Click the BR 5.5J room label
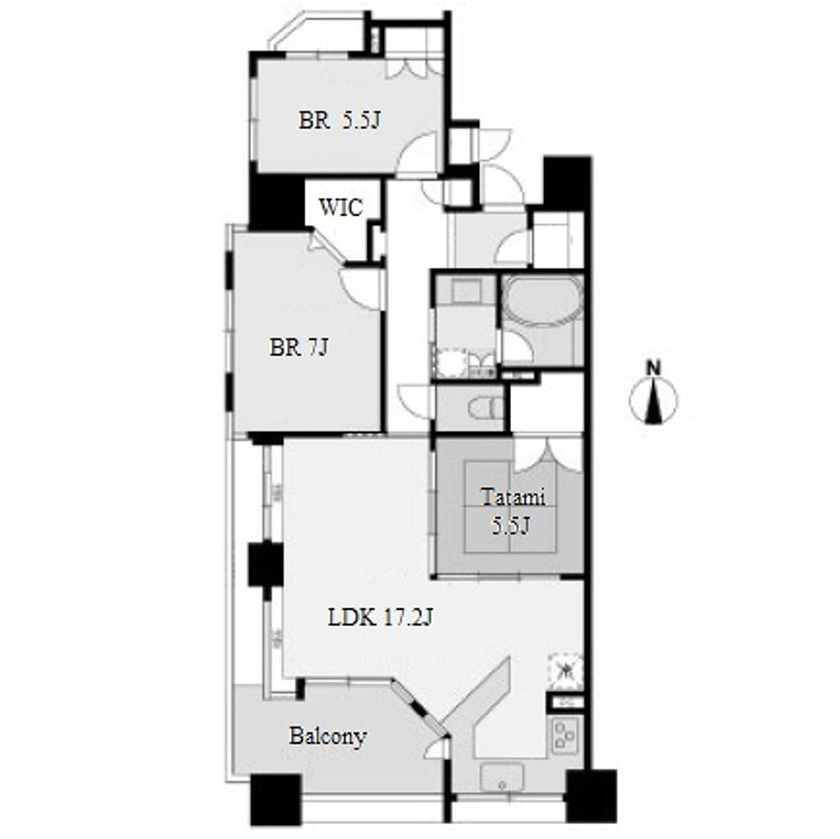[x=339, y=120]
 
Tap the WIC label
[x=340, y=208]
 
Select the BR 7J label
[x=299, y=348]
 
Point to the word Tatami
[x=513, y=497]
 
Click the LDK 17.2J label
[x=380, y=619]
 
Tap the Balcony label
[x=328, y=736]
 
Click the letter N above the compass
[x=653, y=369]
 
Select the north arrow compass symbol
[x=653, y=400]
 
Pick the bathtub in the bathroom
[x=542, y=300]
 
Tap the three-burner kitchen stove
[x=564, y=735]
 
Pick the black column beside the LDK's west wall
[x=265, y=564]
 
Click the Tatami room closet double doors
[x=547, y=456]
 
